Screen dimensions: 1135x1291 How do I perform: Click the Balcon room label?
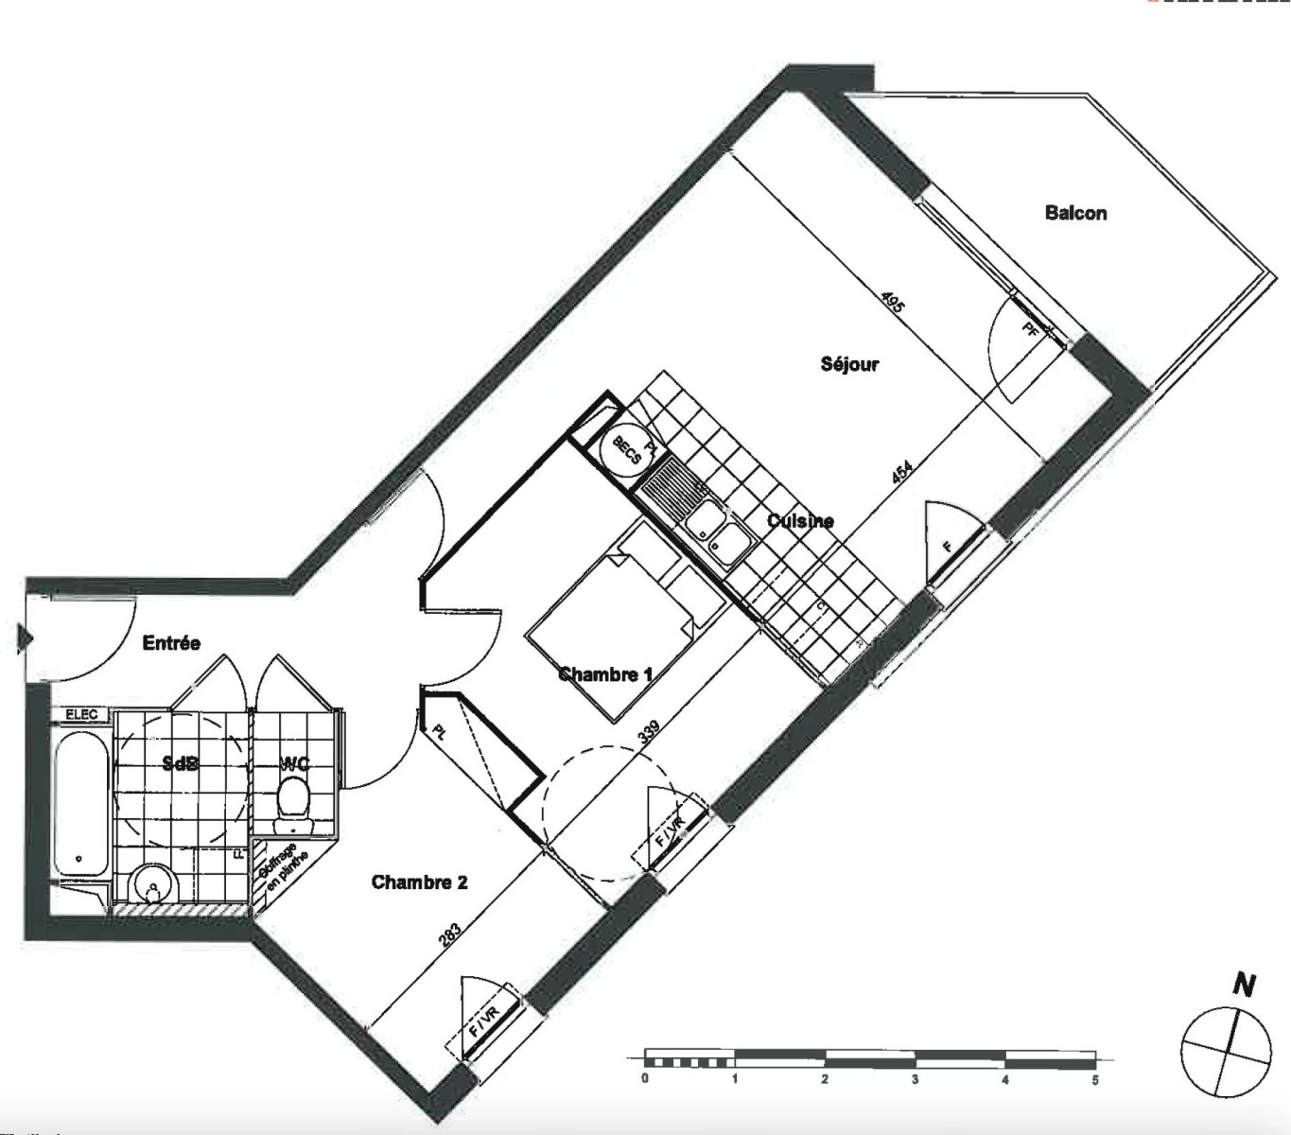[1075, 213]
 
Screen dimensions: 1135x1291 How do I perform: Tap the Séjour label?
[849, 364]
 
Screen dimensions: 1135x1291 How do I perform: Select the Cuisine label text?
[800, 521]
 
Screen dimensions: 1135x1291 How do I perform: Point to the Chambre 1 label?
[605, 674]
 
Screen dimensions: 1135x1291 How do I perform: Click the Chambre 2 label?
[419, 882]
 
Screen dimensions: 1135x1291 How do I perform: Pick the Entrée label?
[171, 643]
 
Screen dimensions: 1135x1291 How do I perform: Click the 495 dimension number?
[892, 302]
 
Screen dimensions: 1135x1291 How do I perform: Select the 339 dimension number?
[649, 734]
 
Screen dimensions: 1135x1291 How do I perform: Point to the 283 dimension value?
[450, 934]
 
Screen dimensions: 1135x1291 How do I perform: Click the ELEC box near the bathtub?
[82, 715]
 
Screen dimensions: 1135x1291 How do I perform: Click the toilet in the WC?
[292, 797]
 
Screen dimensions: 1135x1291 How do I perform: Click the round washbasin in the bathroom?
[151, 886]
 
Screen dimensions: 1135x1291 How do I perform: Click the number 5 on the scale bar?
[1095, 1079]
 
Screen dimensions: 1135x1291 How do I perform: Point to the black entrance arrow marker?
[24, 638]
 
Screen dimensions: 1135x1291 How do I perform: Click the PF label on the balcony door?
[1030, 328]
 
